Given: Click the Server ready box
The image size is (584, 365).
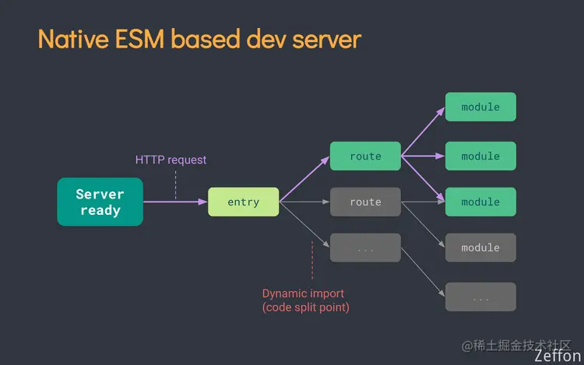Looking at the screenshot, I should (x=100, y=202).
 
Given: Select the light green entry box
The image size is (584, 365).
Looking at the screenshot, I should (x=243, y=202).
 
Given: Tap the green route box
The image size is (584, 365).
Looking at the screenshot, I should (x=365, y=156).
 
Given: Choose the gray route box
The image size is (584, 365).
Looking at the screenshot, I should (x=365, y=202).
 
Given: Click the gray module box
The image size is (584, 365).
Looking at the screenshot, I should (x=480, y=247).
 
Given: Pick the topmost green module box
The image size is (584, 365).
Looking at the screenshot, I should (x=480, y=107).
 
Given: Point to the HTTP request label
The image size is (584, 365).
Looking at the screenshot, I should (x=171, y=160).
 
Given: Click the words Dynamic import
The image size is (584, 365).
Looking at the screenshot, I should (x=303, y=293).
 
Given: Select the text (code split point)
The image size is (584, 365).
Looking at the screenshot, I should (x=305, y=307).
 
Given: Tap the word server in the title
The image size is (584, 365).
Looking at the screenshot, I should (x=327, y=39).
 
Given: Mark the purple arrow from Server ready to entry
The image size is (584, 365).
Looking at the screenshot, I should (x=175, y=202).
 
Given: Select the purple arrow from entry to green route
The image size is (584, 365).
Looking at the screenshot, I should (x=304, y=178).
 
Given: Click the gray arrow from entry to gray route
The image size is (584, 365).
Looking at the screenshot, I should (x=304, y=202).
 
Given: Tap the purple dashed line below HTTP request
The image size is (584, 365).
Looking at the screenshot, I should (x=176, y=184).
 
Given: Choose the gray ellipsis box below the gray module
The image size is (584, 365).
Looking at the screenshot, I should (x=480, y=297).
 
